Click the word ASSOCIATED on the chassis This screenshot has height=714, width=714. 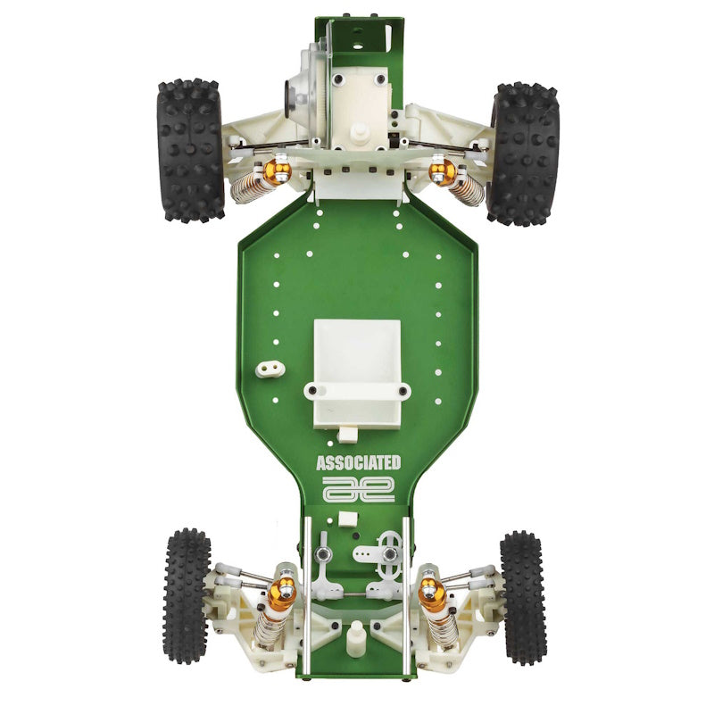(358, 462)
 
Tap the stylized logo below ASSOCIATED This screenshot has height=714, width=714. (358, 488)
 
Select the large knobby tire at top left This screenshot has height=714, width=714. (190, 150)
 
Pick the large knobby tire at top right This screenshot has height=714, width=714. (524, 154)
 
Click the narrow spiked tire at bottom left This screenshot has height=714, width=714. (187, 595)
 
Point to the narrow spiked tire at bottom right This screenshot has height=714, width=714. (523, 597)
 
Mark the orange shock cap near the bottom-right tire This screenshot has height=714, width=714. (431, 588)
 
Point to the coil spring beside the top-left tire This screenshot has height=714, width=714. (250, 186)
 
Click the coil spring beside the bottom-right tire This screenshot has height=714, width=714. (444, 627)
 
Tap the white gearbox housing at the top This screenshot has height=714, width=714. (357, 107)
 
